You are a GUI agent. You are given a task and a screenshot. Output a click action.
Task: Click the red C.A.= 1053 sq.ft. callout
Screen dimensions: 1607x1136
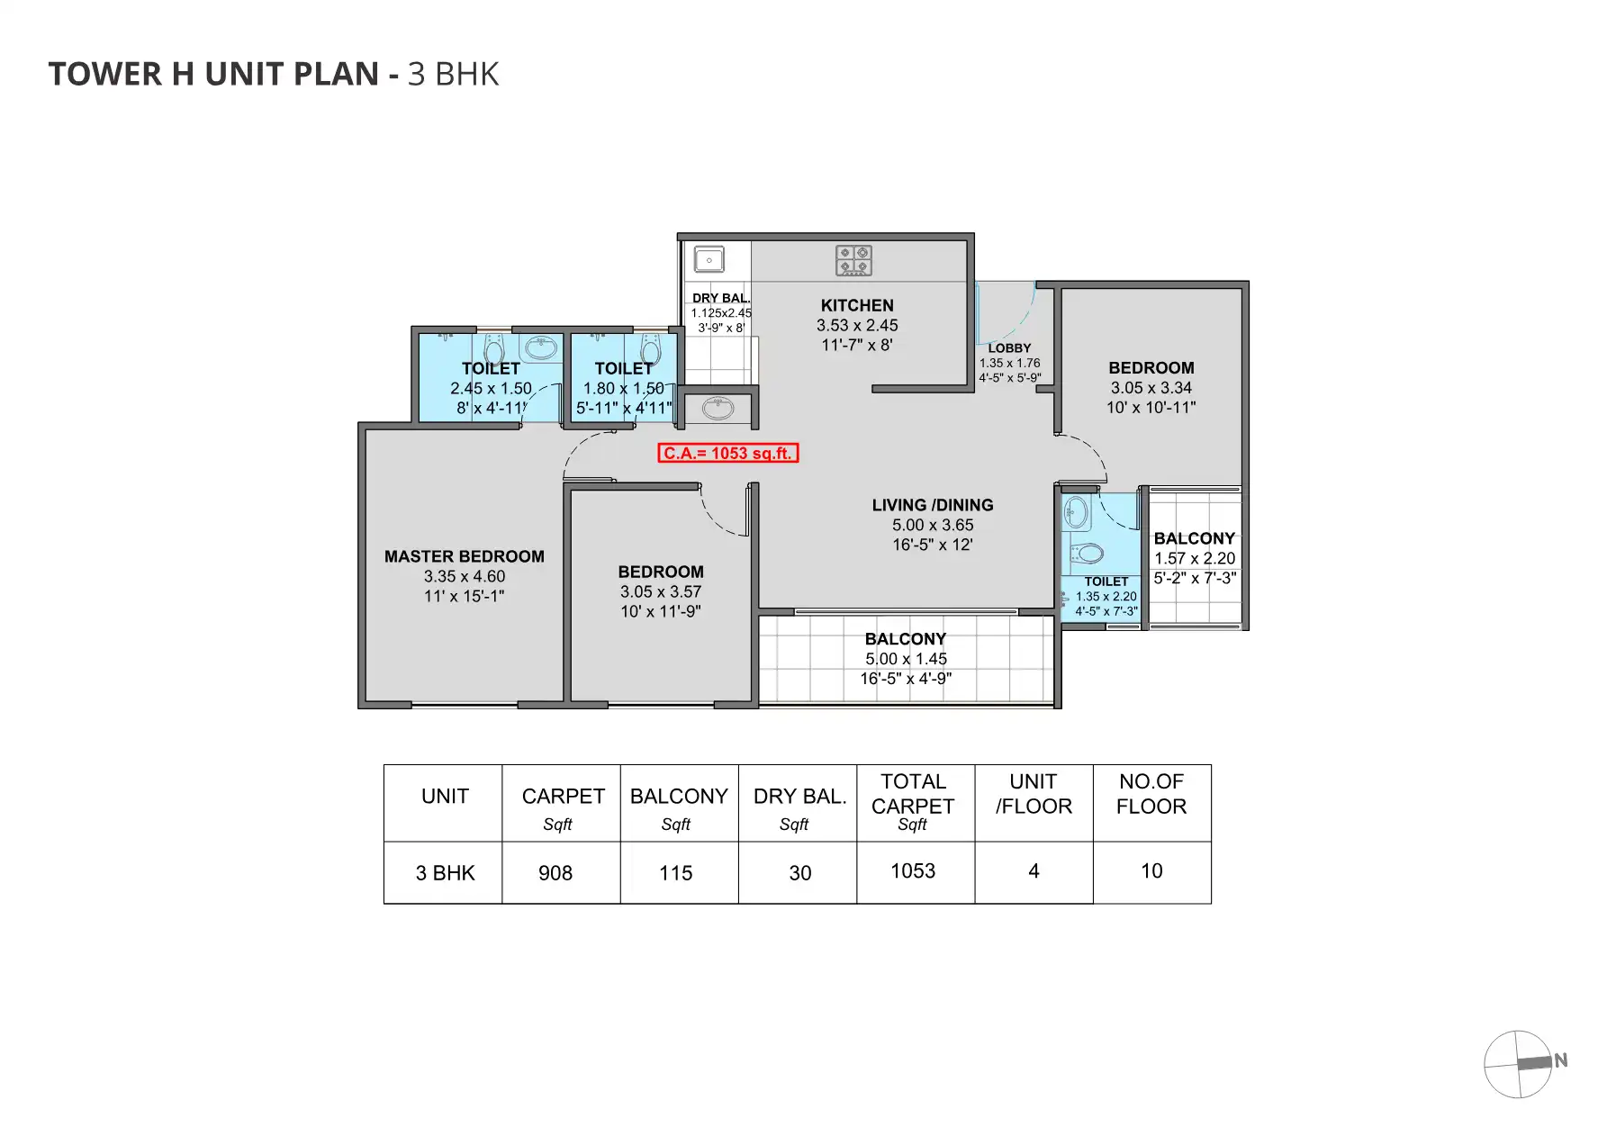727,453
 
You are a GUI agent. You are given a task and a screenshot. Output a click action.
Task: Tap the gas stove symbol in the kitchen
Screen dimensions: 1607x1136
853,260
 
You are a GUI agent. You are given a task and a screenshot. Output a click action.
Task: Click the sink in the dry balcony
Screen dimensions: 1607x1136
709,260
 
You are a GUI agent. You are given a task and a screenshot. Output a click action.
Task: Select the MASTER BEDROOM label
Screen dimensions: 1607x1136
465,556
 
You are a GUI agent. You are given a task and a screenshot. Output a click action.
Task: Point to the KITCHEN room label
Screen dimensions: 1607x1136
857,305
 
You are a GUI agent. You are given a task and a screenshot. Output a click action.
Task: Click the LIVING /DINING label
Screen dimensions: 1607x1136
933,505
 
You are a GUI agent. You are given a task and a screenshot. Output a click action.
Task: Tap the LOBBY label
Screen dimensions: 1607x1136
1009,347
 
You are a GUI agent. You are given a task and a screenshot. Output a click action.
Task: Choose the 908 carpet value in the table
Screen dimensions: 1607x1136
555,873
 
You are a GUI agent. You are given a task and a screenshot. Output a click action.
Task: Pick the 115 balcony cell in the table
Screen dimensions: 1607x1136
676,873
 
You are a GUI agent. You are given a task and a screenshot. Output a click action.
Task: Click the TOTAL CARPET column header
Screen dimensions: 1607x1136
913,794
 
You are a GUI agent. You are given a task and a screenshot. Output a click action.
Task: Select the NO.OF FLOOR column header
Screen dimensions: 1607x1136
1151,794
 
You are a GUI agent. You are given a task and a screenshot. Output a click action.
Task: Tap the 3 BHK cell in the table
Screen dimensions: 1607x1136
445,873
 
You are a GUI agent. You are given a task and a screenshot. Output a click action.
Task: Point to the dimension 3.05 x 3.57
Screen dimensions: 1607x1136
661,591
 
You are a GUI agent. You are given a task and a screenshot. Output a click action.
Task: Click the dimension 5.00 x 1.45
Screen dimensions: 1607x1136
906,658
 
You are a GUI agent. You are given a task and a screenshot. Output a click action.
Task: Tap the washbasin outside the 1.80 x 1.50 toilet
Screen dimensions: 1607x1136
718,408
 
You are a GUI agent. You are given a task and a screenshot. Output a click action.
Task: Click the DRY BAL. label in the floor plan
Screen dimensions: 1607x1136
721,298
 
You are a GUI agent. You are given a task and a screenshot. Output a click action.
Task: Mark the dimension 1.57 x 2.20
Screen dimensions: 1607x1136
1195,558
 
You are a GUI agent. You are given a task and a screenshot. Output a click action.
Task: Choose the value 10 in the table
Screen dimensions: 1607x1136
1151,870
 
